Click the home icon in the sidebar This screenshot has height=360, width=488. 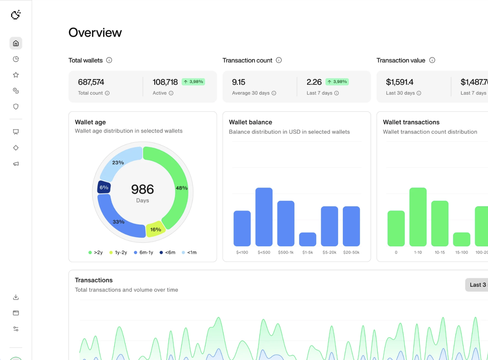16,43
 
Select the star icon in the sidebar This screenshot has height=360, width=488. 16,75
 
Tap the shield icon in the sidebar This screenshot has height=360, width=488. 16,107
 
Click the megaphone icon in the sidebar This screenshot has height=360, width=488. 16,164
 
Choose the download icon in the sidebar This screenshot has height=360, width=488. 16,297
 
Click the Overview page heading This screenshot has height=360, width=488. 95,33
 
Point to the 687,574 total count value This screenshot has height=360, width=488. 91,82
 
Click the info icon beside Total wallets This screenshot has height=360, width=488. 109,60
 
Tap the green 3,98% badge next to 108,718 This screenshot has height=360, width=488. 193,82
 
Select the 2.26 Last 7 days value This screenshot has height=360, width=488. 314,82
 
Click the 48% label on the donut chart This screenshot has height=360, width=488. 181,188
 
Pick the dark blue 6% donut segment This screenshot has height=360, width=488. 104,187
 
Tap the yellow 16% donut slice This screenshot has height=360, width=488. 155,229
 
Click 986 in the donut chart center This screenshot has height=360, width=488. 142,189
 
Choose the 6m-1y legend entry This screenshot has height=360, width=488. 143,253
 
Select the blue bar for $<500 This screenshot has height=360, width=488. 264,217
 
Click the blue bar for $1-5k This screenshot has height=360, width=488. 307,240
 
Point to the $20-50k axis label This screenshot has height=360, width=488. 351,253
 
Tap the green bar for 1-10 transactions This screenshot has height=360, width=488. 418,217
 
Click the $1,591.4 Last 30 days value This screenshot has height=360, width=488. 399,82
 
